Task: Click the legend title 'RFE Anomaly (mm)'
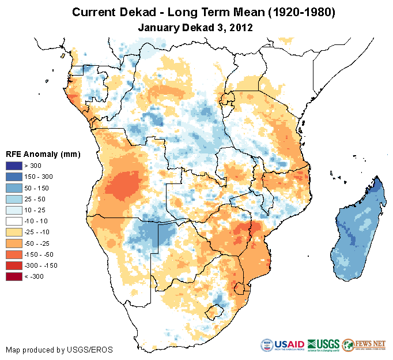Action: coord(43,154)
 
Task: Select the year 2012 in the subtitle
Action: coord(242,27)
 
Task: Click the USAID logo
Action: coord(282,345)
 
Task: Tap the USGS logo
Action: coord(323,345)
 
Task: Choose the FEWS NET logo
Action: coord(364,345)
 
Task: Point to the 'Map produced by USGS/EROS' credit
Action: coord(59,350)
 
